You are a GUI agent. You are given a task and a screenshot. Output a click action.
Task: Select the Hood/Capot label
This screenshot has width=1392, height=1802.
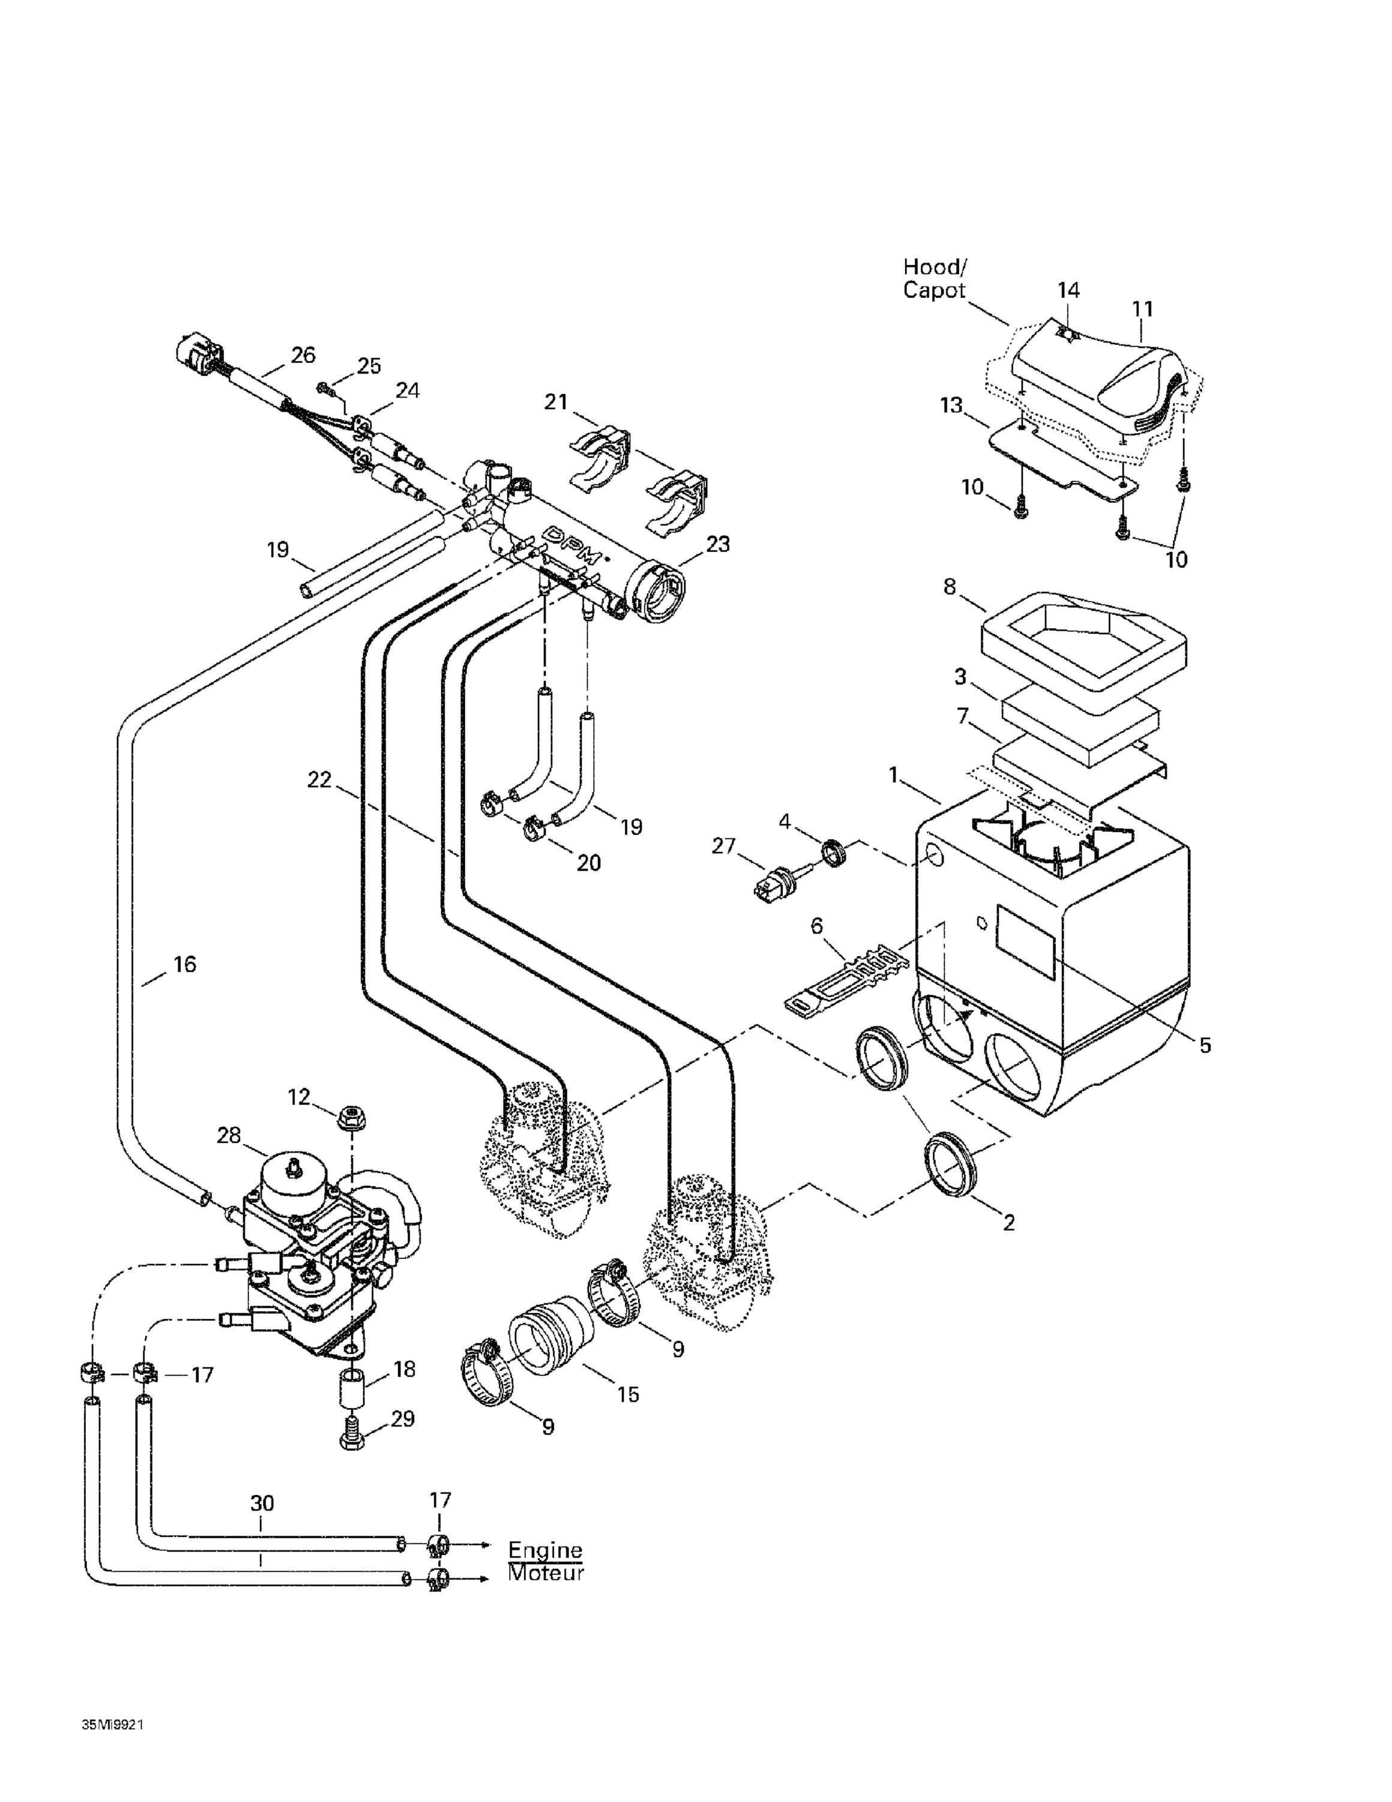click(x=935, y=278)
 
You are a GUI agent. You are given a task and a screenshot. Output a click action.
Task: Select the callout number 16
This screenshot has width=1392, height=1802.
click(x=184, y=963)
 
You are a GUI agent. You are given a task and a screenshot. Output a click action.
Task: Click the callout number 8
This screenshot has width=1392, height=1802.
click(x=950, y=587)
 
